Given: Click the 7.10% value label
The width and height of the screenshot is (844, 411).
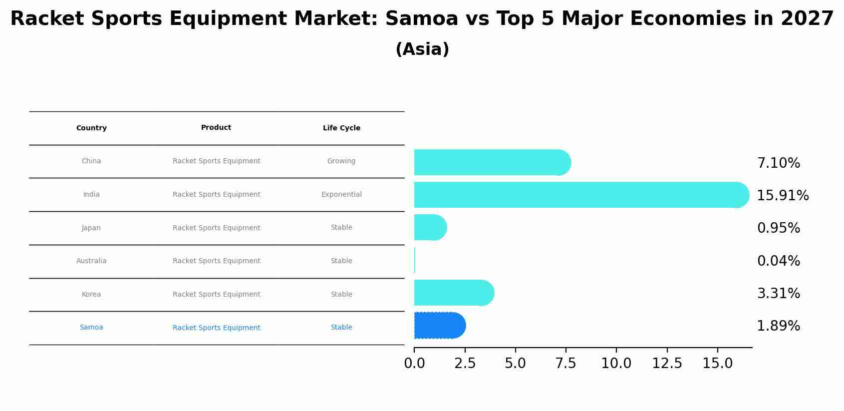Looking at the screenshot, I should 778,163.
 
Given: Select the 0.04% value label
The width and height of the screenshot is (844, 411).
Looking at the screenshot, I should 778,261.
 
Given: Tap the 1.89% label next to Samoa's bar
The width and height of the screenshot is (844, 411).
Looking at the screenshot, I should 778,326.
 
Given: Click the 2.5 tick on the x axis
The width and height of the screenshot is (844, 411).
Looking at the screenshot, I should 465,364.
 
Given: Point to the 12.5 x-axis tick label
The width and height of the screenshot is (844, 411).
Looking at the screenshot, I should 667,364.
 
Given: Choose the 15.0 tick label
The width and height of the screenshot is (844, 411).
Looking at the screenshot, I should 717,364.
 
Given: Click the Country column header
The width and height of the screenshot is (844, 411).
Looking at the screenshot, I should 91,128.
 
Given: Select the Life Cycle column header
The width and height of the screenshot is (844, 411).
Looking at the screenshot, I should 341,128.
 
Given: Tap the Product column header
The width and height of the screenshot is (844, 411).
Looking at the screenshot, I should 216,128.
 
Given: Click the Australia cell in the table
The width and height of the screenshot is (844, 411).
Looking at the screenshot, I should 91,261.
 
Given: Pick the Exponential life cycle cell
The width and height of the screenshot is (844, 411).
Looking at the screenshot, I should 341,195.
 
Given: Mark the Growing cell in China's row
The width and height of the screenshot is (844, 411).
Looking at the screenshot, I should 341,161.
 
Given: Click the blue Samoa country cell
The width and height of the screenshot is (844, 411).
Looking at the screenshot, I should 91,328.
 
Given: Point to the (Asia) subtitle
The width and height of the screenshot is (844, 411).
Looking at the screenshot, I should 422,49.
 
